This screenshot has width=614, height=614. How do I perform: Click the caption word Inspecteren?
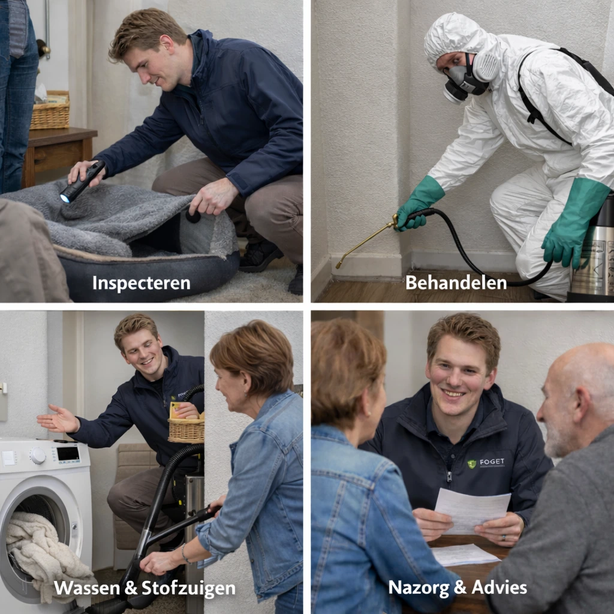[141, 283]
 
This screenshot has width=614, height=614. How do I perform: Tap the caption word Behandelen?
[456, 282]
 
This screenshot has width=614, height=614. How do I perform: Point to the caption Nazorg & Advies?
[458, 587]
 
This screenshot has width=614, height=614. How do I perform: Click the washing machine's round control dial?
[38, 456]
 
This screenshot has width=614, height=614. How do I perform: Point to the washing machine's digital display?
[67, 454]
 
